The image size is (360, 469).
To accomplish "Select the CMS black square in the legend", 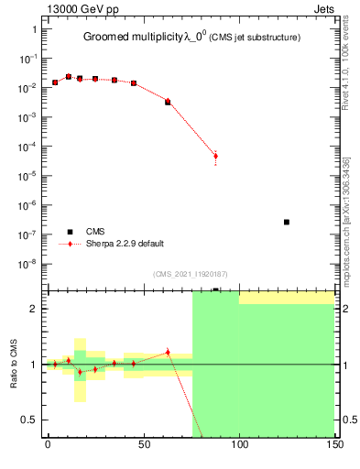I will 68,232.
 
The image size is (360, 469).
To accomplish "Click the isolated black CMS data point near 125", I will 287,222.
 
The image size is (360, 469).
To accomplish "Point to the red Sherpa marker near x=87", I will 215,156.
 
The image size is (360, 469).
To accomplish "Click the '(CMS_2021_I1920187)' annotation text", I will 191,273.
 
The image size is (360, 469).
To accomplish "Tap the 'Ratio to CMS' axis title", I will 14,364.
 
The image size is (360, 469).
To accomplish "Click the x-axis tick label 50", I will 143,445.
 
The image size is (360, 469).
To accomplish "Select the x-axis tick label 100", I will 239,445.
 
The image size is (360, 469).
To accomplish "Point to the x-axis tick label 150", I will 334,445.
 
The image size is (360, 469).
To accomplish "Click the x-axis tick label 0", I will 48,445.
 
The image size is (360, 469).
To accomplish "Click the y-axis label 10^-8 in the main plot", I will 27,264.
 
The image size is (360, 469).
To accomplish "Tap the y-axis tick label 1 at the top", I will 34,29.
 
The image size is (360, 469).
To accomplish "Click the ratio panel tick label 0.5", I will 29,420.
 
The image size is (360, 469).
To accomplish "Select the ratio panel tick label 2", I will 34,309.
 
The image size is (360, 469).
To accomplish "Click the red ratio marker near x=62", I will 168,352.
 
